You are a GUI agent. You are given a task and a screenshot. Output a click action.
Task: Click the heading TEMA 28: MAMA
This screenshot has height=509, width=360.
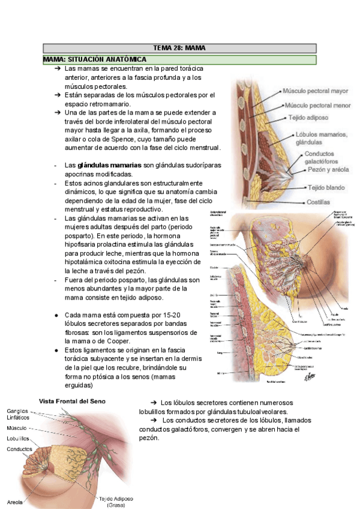tap(180, 48)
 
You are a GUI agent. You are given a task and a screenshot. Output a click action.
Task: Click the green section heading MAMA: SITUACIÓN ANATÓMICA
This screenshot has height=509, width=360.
tap(95, 60)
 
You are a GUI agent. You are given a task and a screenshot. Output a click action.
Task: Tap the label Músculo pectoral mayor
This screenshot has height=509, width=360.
tap(316, 91)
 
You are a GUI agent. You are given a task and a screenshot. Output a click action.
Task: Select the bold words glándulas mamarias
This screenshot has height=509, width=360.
tap(109, 164)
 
